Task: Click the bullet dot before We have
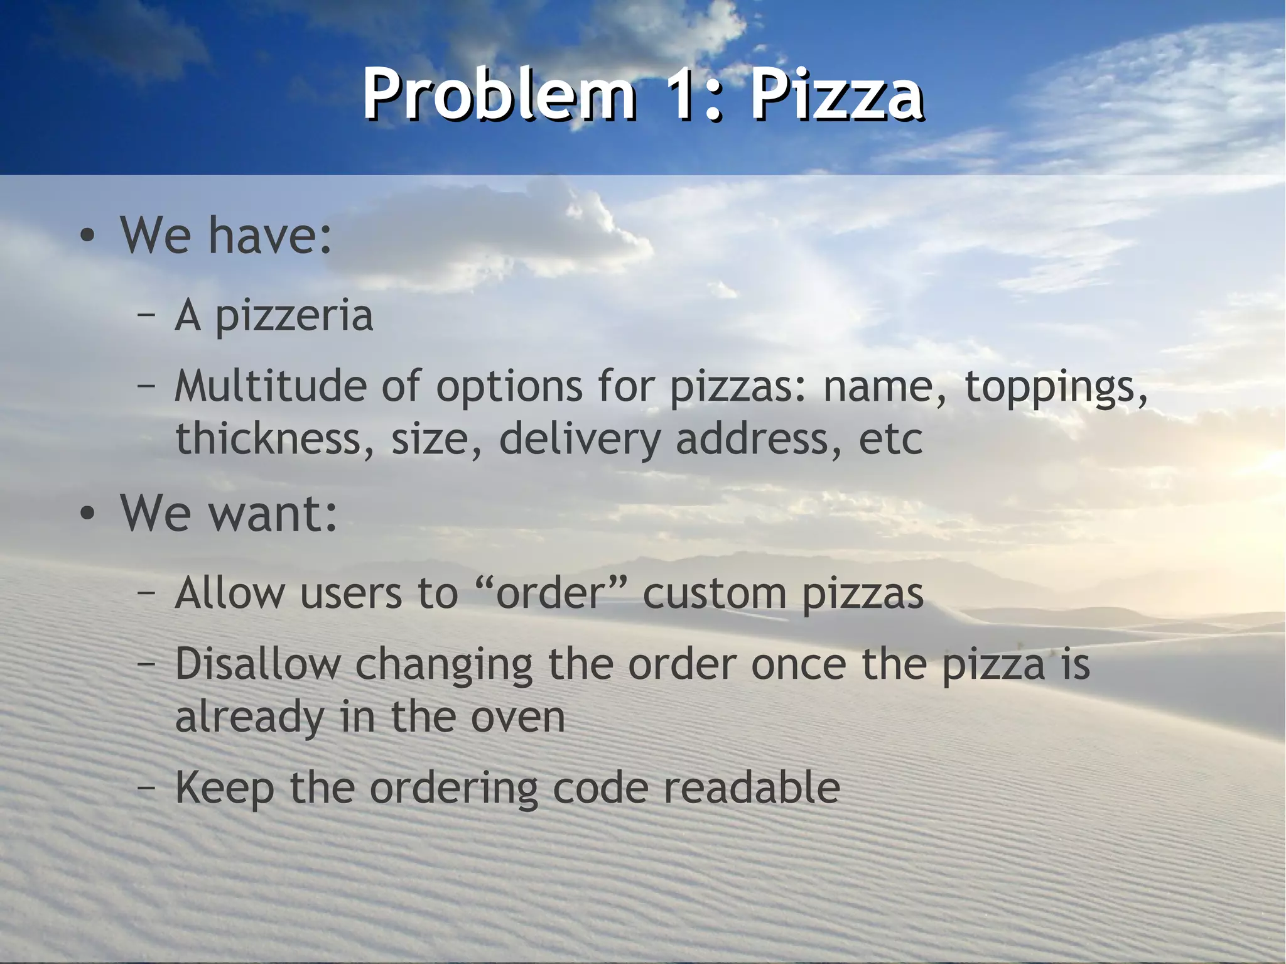click(88, 237)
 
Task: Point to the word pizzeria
click(294, 316)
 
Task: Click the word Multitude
click(270, 386)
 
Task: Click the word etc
click(890, 440)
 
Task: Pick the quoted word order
click(550, 593)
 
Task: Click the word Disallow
click(257, 664)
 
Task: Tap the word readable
click(751, 788)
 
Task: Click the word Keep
click(224, 789)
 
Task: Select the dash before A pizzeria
click(146, 316)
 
